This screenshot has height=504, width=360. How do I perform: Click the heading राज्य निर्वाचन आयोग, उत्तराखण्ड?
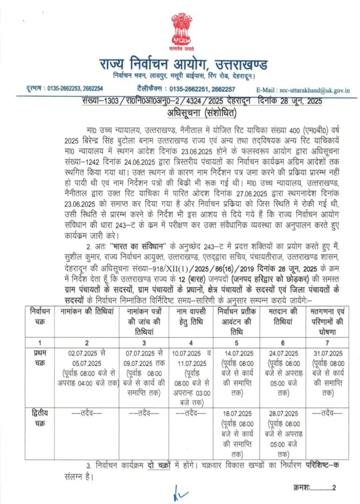(183, 64)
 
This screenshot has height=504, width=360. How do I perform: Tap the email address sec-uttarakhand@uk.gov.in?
(314, 90)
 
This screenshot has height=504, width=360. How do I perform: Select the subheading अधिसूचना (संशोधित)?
(202, 113)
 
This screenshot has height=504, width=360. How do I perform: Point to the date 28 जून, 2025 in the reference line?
(301, 101)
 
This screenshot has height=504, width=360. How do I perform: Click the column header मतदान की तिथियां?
(283, 316)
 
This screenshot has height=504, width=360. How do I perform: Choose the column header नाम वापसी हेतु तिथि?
(191, 316)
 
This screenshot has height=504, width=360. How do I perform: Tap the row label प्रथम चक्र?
(40, 358)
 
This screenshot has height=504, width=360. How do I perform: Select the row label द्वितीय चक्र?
(40, 418)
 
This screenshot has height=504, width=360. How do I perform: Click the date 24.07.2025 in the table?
(283, 353)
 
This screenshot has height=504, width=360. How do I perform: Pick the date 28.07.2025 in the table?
(283, 414)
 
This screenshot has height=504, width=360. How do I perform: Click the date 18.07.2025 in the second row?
(237, 414)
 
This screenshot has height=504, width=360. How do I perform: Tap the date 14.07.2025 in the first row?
(239, 353)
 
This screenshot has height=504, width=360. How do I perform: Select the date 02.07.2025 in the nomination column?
(83, 353)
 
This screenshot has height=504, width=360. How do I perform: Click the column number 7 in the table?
(327, 343)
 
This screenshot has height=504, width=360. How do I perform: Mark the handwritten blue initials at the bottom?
(179, 494)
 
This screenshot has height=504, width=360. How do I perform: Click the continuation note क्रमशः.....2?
(315, 488)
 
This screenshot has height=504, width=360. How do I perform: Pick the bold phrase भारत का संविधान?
(139, 246)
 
